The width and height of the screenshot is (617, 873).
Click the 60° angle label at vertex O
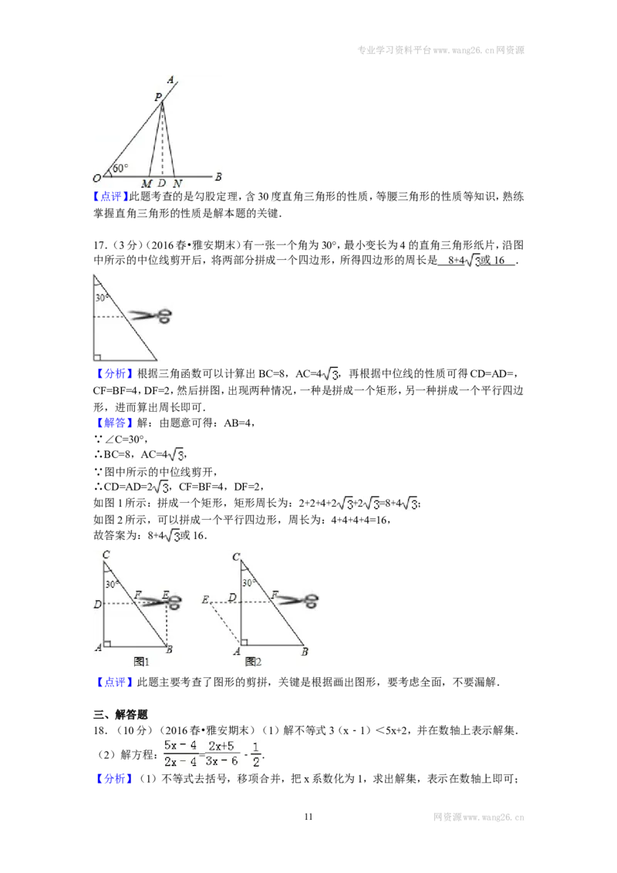(120, 168)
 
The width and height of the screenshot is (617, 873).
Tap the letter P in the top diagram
(158, 97)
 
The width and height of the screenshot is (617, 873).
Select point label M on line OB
(147, 184)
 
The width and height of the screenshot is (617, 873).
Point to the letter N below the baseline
(177, 184)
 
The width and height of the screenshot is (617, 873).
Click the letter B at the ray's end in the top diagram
(217, 177)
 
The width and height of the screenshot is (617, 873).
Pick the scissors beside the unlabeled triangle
(150, 316)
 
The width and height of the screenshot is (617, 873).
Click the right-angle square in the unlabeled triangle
(97, 357)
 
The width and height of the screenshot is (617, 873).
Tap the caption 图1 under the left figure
(141, 662)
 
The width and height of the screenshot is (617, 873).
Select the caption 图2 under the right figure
(253, 662)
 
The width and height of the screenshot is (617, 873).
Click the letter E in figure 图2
(205, 600)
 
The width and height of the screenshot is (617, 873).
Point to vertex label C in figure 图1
(106, 554)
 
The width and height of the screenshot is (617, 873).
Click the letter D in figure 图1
(97, 604)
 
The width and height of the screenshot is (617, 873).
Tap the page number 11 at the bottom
(308, 817)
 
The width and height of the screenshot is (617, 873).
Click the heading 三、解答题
(120, 715)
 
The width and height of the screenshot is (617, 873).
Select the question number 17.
(100, 245)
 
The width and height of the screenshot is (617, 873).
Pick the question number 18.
(100, 730)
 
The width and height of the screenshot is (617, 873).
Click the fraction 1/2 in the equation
(255, 754)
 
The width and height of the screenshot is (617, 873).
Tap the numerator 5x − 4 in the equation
(180, 746)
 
